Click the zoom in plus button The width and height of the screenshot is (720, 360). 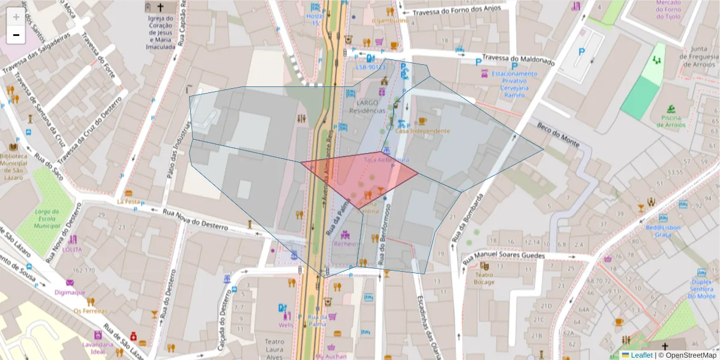pos(16,17)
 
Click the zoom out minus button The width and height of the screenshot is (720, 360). pos(16,35)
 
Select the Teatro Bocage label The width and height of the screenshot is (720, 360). pos(484,278)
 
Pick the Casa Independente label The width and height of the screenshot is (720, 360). pos(422,131)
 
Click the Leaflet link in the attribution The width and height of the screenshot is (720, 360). pos(641,355)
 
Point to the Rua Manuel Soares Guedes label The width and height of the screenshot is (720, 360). pos(511,256)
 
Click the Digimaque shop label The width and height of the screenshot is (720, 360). pos(70,293)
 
